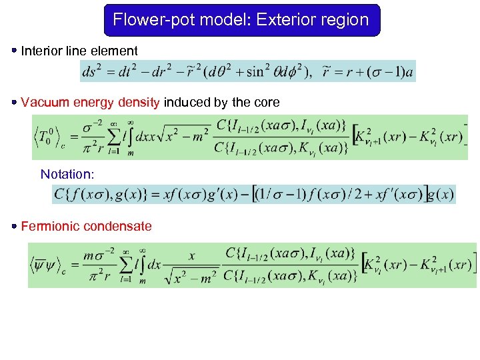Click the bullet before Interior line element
point(13,50)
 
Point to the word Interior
point(41,51)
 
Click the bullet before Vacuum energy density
point(13,102)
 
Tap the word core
point(267,103)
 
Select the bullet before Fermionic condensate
point(13,226)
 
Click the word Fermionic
point(47,227)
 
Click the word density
point(140,103)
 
